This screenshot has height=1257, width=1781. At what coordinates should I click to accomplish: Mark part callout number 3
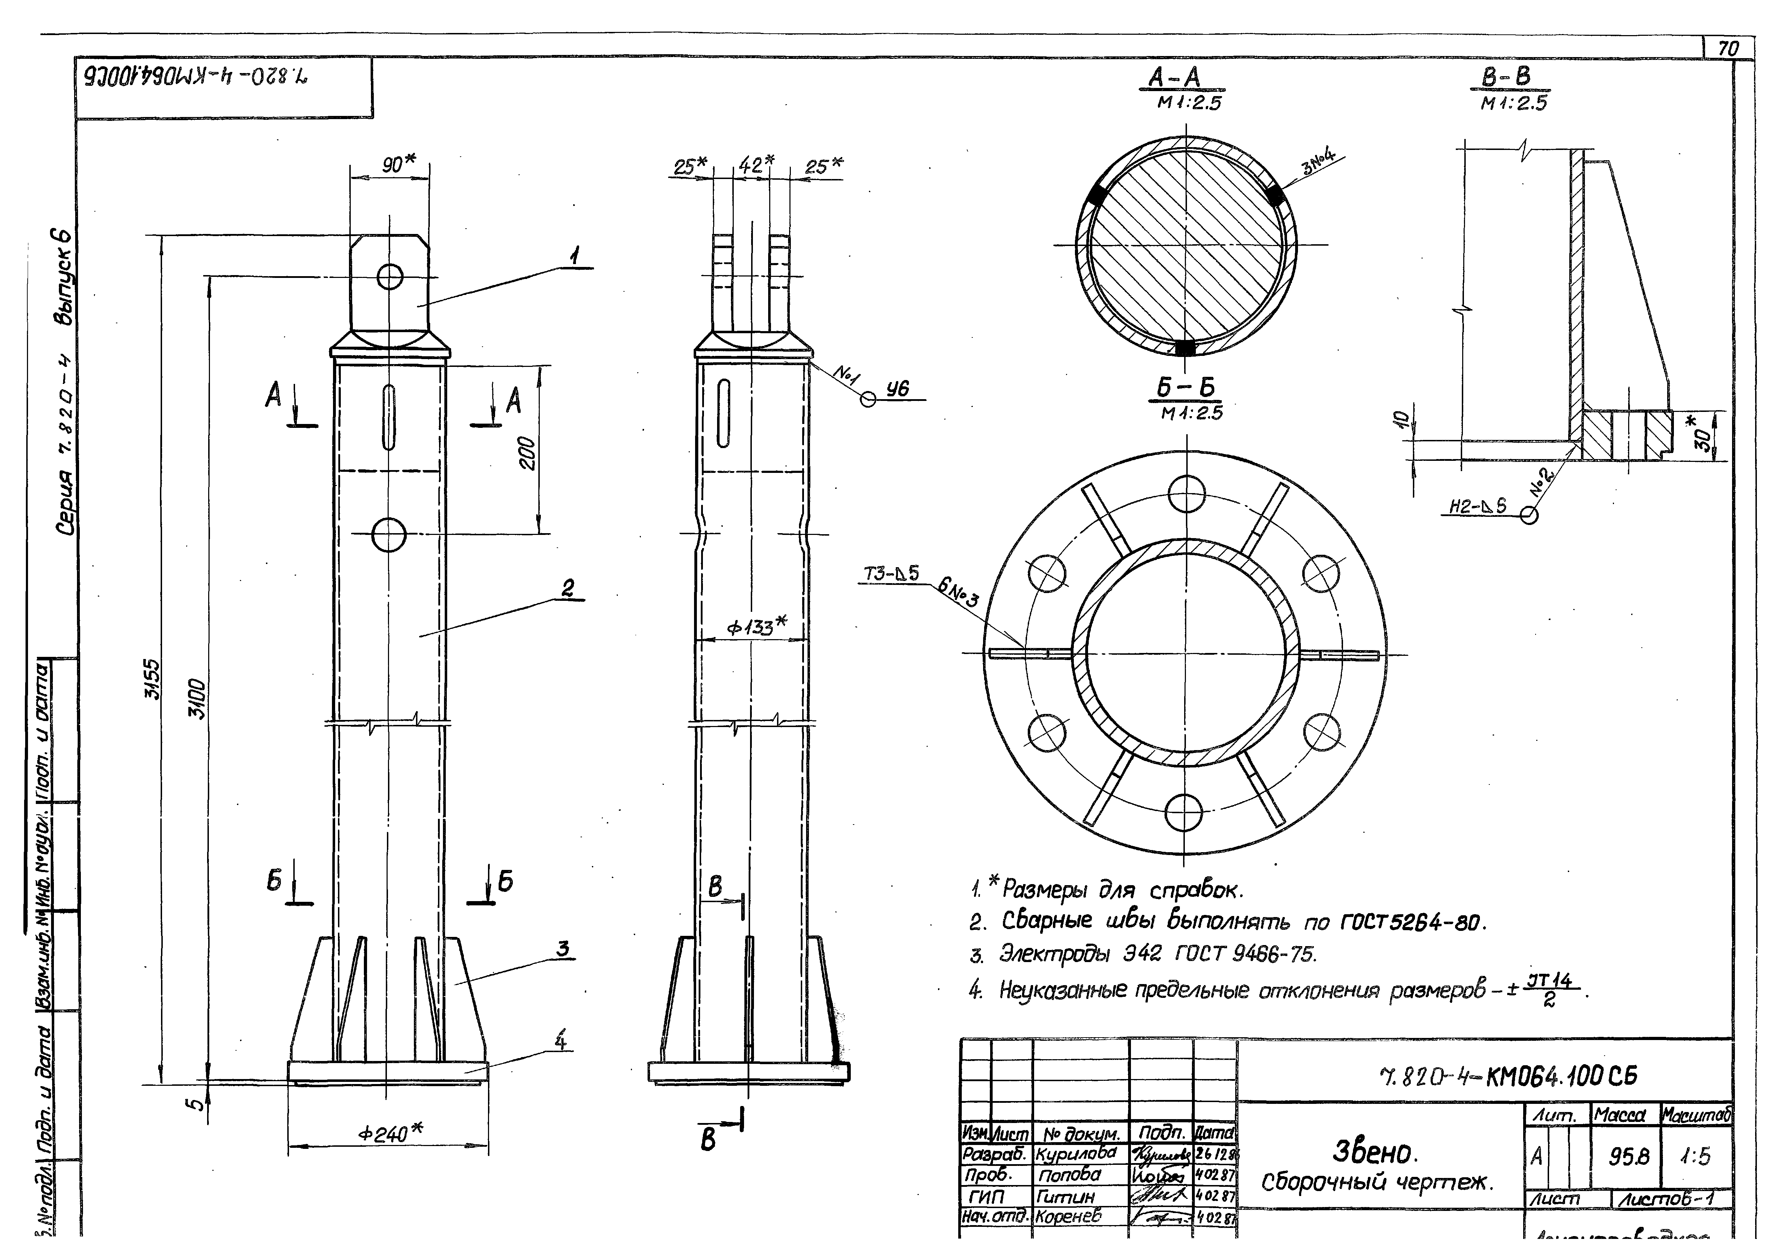click(x=563, y=948)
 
